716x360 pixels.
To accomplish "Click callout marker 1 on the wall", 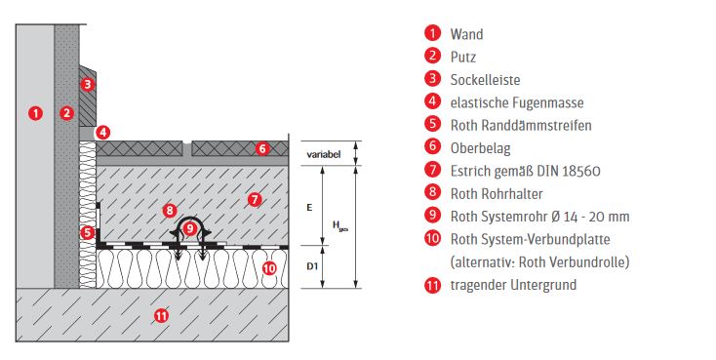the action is point(36,113).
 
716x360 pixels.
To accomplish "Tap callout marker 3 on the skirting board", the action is point(87,84).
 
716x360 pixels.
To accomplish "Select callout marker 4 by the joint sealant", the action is point(103,133).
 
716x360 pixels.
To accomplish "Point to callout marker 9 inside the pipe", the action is point(190,228).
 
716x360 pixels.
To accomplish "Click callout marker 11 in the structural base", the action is point(161,315).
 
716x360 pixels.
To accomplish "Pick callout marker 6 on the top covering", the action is point(262,148).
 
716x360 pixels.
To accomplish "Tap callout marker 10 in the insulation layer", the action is point(269,267).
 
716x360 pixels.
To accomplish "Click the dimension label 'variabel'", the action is point(324,154).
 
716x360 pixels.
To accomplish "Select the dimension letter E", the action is point(309,208).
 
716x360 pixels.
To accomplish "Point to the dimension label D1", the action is point(312,266).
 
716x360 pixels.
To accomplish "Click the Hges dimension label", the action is point(340,226).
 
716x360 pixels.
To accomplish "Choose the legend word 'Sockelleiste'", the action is point(486,80).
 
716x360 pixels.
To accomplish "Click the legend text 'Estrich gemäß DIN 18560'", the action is point(526,172).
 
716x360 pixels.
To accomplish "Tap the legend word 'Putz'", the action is point(463,58).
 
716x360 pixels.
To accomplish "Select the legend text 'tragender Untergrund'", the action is point(514,285).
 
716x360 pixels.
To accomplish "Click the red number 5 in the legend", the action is point(432,124).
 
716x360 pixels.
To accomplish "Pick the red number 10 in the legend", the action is point(432,238).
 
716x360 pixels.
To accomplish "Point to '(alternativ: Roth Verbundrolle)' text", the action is point(540,262).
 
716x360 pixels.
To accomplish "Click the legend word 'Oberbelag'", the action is point(481,148).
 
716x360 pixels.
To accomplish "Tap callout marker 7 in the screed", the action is point(255,199).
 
